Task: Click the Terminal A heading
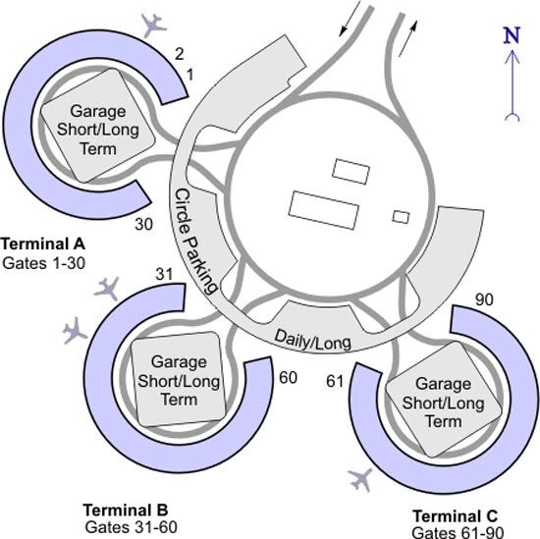point(43,243)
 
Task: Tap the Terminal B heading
point(126,510)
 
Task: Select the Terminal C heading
point(456,516)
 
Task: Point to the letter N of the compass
point(512,35)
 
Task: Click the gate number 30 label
point(144,224)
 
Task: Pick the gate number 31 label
point(164,275)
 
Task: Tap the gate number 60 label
point(288,377)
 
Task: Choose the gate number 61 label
point(335,381)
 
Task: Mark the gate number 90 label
point(484,299)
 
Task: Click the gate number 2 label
point(179,54)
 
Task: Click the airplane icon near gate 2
point(154,26)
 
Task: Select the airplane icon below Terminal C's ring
point(360,479)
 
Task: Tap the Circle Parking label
point(194,242)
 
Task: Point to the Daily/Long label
point(312,341)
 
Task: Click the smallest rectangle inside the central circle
point(402,217)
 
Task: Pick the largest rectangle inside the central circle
point(324,210)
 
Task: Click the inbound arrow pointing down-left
point(350,19)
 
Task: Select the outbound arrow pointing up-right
point(408,38)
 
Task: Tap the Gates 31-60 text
point(132,527)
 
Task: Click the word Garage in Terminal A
point(98,112)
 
